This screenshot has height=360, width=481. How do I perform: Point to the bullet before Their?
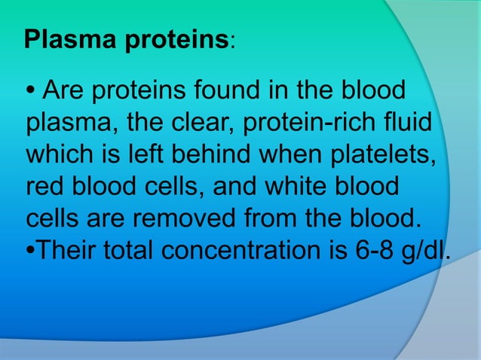click(30, 250)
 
